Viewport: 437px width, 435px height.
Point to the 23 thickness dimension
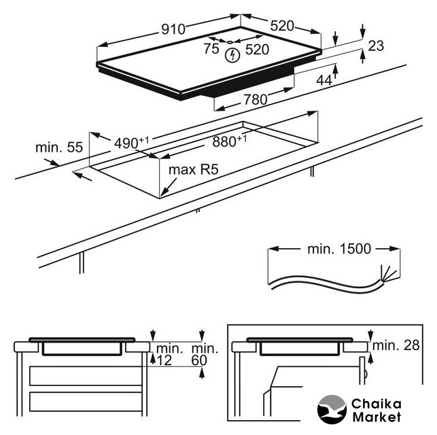[x=375, y=46]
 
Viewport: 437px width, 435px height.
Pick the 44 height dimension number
[x=325, y=80]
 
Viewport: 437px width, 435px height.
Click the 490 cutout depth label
[x=130, y=143]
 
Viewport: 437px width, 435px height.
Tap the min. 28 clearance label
[x=399, y=345]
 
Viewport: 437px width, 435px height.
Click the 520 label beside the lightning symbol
[x=257, y=49]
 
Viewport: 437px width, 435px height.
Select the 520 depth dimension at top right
[x=281, y=26]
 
